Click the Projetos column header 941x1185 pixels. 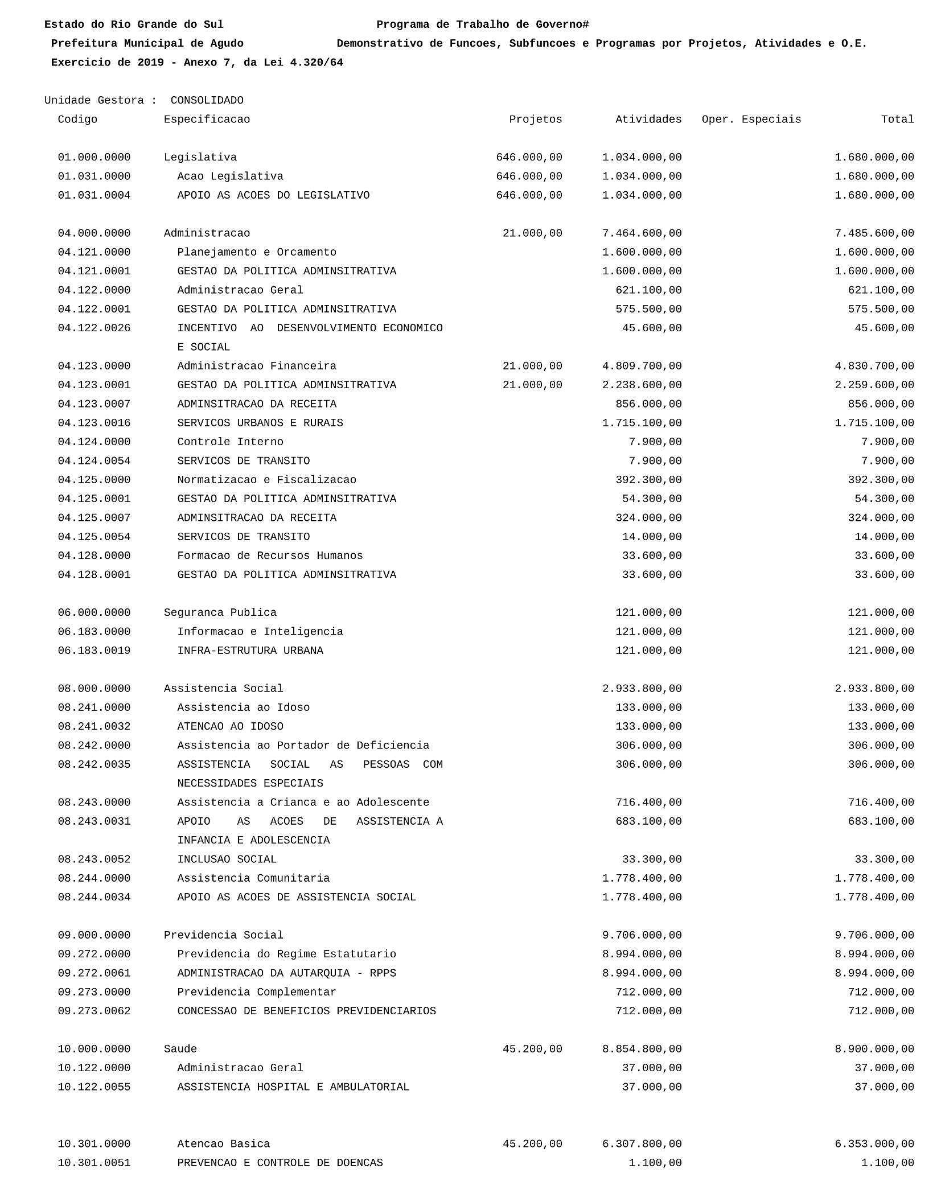pyautogui.click(x=535, y=120)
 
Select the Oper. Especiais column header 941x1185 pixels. pyautogui.click(x=751, y=120)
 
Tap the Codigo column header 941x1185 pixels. pyautogui.click(x=77, y=120)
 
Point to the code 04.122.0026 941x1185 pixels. pyautogui.click(x=94, y=328)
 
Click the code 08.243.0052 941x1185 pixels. pyautogui.click(x=94, y=859)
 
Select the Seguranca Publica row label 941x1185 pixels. pyautogui.click(x=220, y=613)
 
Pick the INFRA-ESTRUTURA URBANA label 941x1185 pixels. pyautogui.click(x=250, y=651)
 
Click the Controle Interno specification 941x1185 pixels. pyautogui.click(x=230, y=442)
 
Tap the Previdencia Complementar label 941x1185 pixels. pyautogui.click(x=256, y=992)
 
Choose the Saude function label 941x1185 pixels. pyautogui.click(x=180, y=1049)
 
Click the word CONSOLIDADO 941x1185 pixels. pyautogui.click(x=207, y=101)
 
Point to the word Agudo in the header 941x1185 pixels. pyautogui.click(x=227, y=44)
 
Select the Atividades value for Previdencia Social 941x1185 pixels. pyautogui.click(x=642, y=935)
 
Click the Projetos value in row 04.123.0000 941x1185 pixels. pyautogui.click(x=532, y=366)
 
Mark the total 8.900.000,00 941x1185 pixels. pyautogui.click(x=874, y=1049)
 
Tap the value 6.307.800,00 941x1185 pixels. pyautogui.click(x=642, y=1144)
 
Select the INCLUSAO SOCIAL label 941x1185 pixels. pyautogui.click(x=227, y=859)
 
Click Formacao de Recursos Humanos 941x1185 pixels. pyautogui.click(x=270, y=556)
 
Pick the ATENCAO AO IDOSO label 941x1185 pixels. pyautogui.click(x=230, y=727)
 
